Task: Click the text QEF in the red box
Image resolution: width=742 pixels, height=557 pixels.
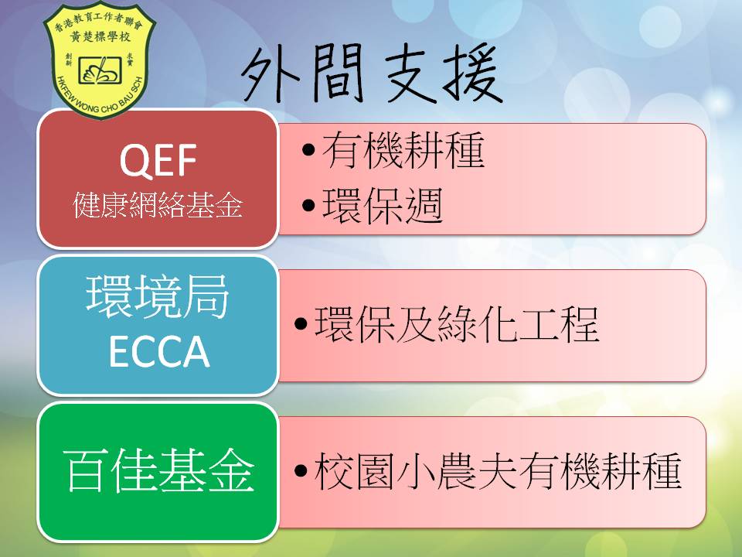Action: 158,161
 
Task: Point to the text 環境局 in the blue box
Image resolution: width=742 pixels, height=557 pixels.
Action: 158,297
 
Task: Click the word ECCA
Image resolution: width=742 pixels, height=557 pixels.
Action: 159,351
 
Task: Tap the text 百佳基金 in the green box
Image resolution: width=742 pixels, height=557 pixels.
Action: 158,470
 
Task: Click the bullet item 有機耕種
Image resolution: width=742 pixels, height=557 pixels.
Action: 403,150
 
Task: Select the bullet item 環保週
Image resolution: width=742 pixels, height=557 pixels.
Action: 383,205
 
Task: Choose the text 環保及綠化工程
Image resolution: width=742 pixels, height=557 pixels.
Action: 457,324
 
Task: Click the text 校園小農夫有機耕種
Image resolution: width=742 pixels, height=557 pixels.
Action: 498,471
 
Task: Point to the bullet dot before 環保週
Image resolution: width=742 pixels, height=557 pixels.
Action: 308,206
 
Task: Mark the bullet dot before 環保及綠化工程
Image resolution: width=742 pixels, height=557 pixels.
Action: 301,324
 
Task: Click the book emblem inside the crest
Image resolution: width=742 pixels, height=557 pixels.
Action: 100,70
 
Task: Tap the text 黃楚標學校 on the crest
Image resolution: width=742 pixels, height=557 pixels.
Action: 100,36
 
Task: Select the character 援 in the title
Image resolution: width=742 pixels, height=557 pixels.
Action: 472,74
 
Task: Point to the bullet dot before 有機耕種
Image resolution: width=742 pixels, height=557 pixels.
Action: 308,149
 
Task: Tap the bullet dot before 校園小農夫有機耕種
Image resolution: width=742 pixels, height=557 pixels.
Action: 301,471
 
